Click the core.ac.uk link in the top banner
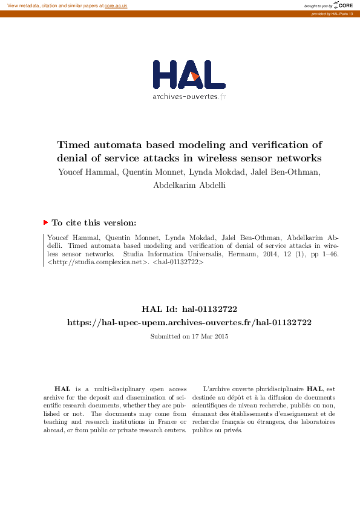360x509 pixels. (116, 5)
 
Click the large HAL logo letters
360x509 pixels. (189, 74)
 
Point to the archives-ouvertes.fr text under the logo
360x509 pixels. (189, 96)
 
